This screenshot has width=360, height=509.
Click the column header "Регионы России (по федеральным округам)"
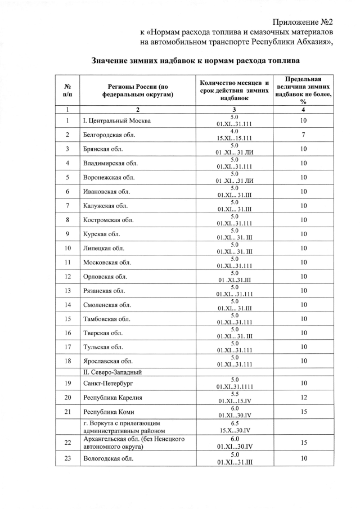[x=137, y=90]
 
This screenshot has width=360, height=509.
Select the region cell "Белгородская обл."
[x=109, y=135]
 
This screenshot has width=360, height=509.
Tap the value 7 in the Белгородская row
[x=303, y=135]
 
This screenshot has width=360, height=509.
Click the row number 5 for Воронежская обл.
[x=67, y=177]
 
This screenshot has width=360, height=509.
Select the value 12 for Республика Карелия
[x=303, y=398]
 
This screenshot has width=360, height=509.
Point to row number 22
[x=67, y=443]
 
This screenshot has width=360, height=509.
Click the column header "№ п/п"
[x=67, y=90]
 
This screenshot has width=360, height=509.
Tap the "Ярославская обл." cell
[x=107, y=361]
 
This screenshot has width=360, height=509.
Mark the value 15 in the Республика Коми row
[x=303, y=412]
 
